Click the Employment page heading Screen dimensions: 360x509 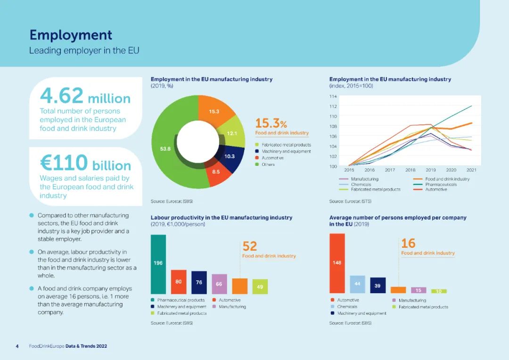(x=71, y=35)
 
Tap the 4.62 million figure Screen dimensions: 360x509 (x=85, y=97)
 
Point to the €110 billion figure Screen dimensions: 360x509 (x=85, y=164)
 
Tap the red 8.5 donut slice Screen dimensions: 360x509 (x=216, y=172)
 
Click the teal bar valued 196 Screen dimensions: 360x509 (x=158, y=264)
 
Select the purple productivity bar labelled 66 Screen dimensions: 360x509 (x=219, y=284)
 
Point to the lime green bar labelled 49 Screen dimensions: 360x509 (x=260, y=286)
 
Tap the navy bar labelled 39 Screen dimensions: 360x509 (x=378, y=286)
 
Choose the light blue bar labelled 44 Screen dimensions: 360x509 (x=357, y=284)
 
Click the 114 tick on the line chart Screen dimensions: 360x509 (x=333, y=97)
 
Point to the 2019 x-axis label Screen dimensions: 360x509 (x=431, y=170)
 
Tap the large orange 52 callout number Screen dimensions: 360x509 (x=250, y=246)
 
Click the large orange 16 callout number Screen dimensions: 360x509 (x=408, y=243)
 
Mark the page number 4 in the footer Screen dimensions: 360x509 (x=17, y=346)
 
